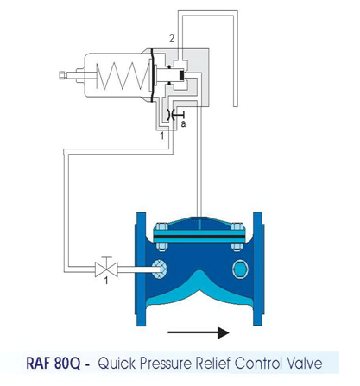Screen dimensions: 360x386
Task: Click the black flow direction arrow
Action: [199, 332]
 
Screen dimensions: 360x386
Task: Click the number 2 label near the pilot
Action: [172, 39]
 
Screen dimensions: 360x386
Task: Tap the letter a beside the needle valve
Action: [183, 124]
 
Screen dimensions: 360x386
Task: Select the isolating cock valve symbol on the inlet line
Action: [106, 268]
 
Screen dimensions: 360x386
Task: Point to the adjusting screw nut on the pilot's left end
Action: [63, 75]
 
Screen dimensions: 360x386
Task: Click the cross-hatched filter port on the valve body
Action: [159, 269]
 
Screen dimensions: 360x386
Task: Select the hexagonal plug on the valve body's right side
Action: [241, 269]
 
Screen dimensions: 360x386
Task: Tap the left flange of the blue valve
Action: [141, 269]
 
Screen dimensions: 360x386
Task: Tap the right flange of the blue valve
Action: [258, 269]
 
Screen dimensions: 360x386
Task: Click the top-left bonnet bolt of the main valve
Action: [161, 226]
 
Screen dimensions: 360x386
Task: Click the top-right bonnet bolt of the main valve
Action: [237, 226]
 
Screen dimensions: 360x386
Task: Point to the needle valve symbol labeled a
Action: [174, 116]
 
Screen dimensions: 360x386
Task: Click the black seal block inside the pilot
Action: [181, 75]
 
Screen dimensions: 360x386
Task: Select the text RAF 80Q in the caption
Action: [54, 364]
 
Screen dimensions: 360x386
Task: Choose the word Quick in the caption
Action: [117, 364]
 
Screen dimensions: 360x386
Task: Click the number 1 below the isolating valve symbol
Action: [106, 281]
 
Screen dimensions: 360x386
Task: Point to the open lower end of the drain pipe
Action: [235, 106]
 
